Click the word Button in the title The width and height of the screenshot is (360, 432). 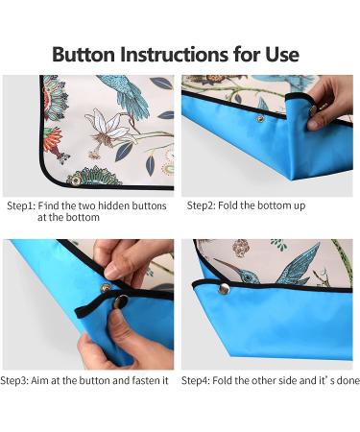(x=84, y=54)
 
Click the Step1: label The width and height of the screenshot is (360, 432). (x=21, y=206)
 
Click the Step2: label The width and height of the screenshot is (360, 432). (x=201, y=205)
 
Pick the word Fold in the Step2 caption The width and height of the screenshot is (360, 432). (x=228, y=205)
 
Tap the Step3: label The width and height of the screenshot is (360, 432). (x=13, y=381)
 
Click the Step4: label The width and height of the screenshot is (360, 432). (x=195, y=381)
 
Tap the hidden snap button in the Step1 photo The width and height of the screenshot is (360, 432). (x=76, y=181)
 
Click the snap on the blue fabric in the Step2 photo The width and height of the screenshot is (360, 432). (x=260, y=119)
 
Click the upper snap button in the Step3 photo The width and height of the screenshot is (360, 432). (x=106, y=288)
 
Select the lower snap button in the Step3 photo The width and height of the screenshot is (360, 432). (x=121, y=301)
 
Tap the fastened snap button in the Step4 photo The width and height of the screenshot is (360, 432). (x=224, y=289)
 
